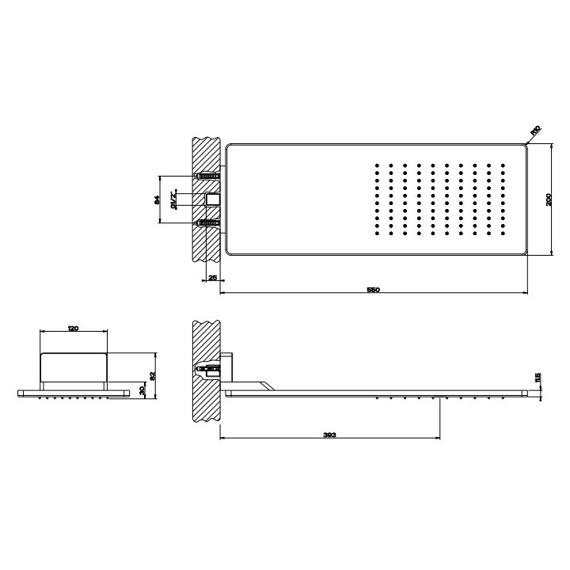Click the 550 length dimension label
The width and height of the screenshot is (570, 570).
tap(373, 290)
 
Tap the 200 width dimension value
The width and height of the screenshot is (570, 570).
tap(547, 199)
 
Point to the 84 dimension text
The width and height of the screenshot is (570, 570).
tap(157, 199)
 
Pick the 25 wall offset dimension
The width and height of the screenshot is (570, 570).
tap(212, 278)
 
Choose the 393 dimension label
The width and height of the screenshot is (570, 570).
tap(329, 435)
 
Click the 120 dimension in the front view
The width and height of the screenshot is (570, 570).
tap(73, 329)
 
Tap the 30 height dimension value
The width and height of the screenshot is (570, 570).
tap(142, 390)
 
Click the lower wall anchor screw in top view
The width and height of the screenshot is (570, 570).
tap(208, 223)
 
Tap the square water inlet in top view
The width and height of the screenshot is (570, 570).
tap(212, 199)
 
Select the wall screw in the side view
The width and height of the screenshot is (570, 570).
tap(207, 367)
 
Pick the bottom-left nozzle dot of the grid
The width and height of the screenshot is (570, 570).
tap(377, 234)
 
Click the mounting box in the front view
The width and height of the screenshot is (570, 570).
tap(73, 367)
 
